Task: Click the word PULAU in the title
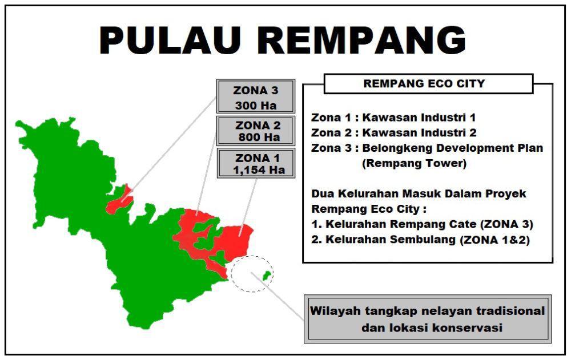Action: tap(170, 40)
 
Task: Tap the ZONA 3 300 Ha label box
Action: tap(256, 96)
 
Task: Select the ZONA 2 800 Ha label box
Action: tap(256, 131)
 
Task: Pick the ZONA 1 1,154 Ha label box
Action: tap(256, 163)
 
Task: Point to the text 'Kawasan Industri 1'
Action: tap(419, 118)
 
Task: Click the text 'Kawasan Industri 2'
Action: tap(419, 133)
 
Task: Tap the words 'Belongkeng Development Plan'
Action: tap(453, 148)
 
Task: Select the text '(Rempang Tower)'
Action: tap(414, 163)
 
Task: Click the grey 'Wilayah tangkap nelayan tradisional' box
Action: tap(428, 319)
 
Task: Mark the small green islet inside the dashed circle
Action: tap(267, 276)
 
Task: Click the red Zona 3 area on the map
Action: tap(120, 202)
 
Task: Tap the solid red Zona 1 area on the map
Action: tap(235, 240)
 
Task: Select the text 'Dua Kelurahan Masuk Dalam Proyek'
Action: tap(419, 193)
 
